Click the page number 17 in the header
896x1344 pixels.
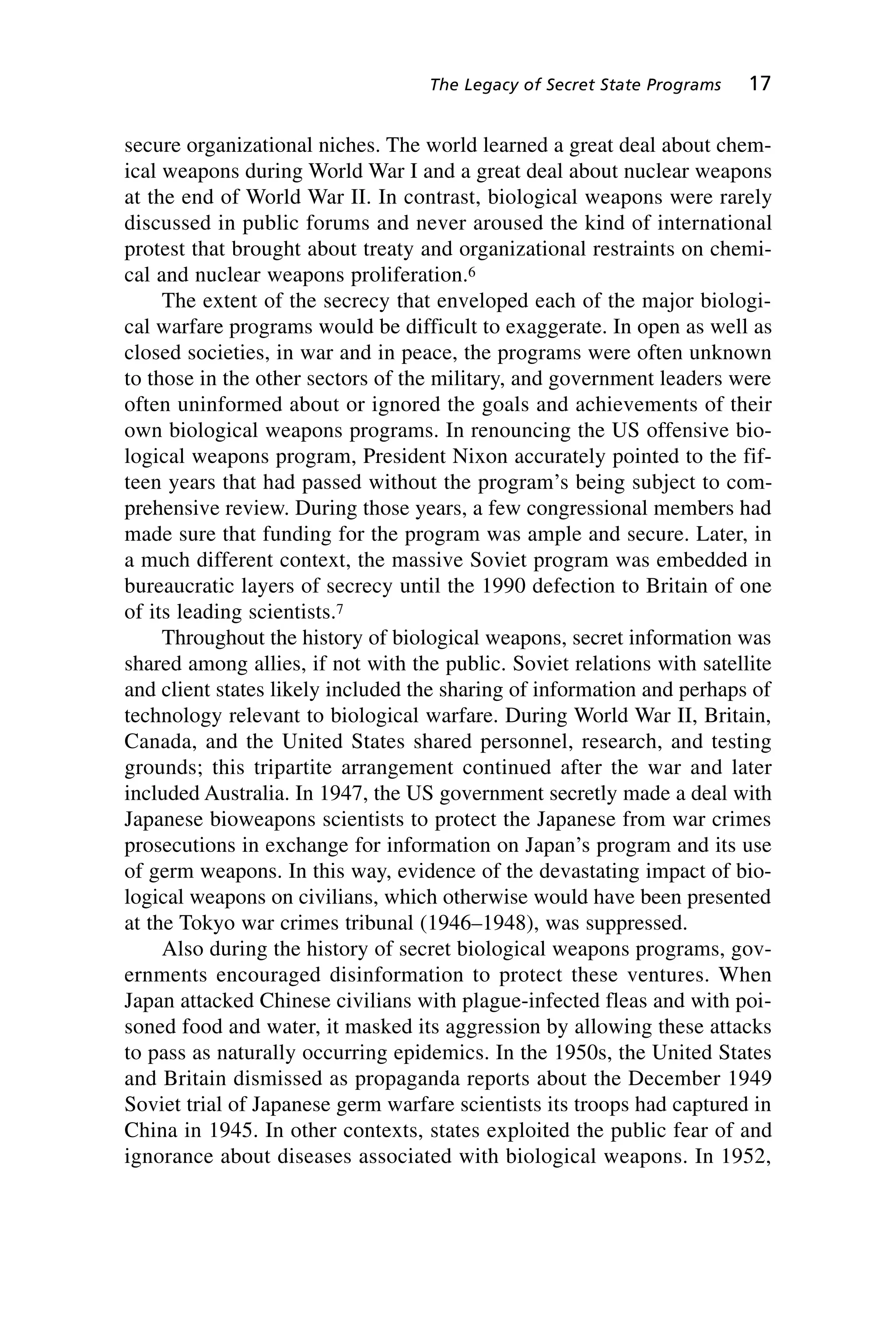coord(759,84)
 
